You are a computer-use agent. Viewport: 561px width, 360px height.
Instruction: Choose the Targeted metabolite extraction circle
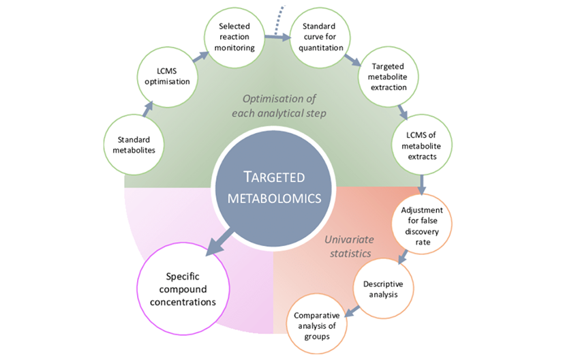pos(389,76)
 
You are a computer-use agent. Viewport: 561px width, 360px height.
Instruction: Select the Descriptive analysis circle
pos(382,289)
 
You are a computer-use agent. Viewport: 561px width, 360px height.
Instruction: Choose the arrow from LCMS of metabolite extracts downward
pos(423,182)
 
